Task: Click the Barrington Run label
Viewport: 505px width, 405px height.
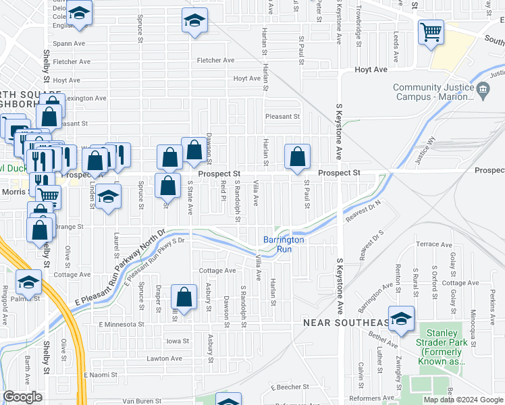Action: (284, 244)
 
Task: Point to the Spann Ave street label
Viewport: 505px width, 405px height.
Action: (70, 43)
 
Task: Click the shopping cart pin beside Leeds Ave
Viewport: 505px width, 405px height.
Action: (431, 31)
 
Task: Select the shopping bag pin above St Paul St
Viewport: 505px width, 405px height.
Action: (297, 157)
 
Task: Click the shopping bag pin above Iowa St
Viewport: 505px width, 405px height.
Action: (184, 296)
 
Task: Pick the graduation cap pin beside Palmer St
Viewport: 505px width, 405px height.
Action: (28, 281)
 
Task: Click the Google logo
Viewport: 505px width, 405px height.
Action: (23, 398)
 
